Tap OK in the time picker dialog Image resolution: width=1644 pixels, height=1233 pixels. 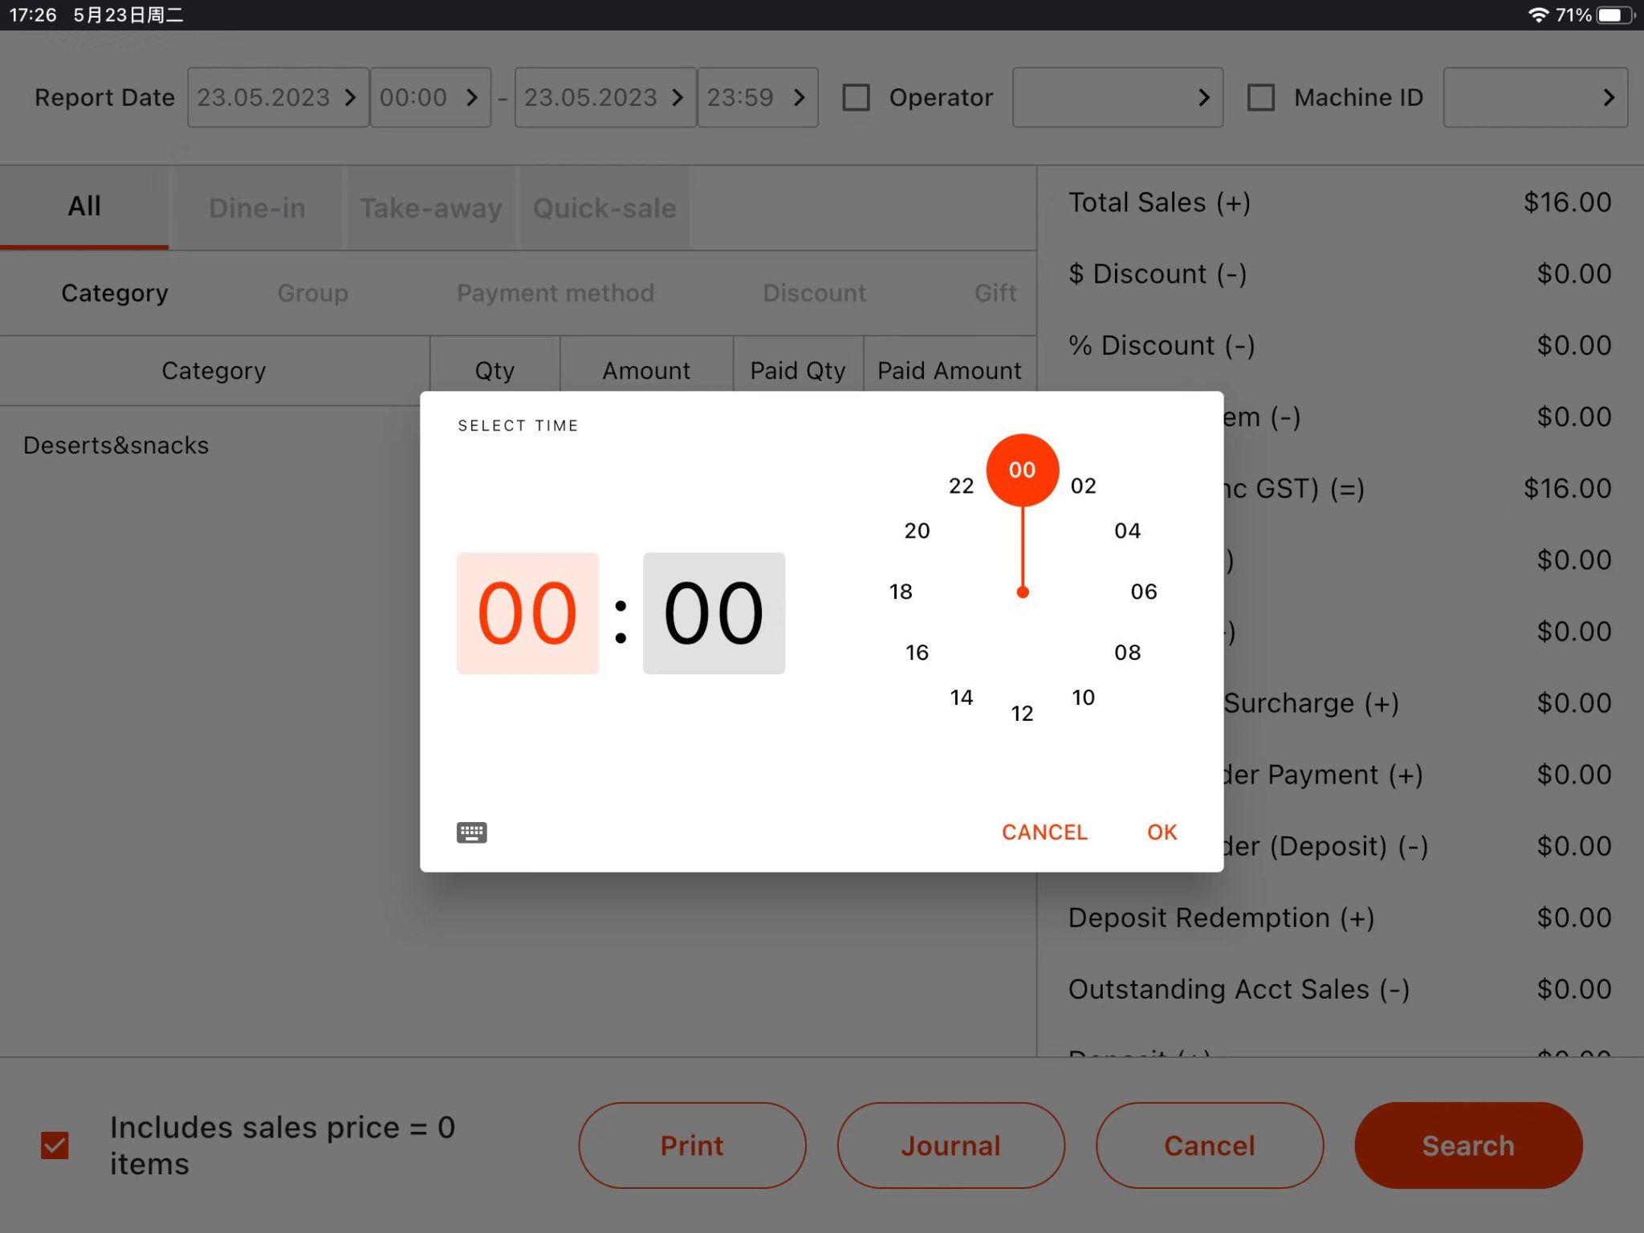tap(1162, 832)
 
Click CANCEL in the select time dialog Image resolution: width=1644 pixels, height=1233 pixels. tap(1044, 832)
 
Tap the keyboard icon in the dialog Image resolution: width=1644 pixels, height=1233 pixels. tap(471, 832)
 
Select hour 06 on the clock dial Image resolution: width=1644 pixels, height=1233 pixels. tap(1143, 592)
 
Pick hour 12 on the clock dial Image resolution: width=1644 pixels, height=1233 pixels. tap(1022, 713)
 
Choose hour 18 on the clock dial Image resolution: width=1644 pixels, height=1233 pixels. tap(901, 592)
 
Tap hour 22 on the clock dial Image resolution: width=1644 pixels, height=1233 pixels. tap(961, 486)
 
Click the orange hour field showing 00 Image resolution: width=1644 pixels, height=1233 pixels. tap(527, 613)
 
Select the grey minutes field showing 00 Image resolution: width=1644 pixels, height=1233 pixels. tap(714, 613)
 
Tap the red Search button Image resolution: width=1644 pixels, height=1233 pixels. tap(1468, 1146)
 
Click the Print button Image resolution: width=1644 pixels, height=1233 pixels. tap(692, 1146)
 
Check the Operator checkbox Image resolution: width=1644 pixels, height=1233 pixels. tap(856, 98)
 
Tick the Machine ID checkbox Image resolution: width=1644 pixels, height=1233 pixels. tap(1260, 98)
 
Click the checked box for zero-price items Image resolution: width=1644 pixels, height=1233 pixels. tap(55, 1146)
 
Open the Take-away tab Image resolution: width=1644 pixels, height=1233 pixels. tap(430, 209)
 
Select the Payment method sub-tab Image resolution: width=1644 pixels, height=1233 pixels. tap(555, 293)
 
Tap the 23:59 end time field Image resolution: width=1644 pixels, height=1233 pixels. tap(757, 98)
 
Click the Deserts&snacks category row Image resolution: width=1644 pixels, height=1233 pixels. tap(116, 446)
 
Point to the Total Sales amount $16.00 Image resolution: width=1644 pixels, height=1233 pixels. tap(1567, 202)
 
